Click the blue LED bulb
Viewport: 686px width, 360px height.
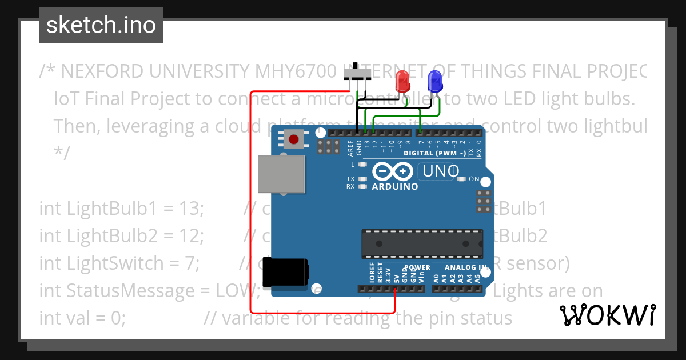pyautogui.click(x=435, y=81)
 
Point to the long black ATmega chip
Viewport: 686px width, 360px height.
pyautogui.click(x=421, y=242)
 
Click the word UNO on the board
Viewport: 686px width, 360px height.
pyautogui.click(x=440, y=171)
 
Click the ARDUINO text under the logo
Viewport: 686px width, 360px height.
pyautogui.click(x=394, y=187)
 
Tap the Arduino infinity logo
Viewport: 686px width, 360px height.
pyautogui.click(x=393, y=171)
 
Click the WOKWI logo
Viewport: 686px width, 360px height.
pyautogui.click(x=608, y=315)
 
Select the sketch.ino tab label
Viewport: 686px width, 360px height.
pyautogui.click(x=101, y=25)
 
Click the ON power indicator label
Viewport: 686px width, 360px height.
pyautogui.click(x=474, y=179)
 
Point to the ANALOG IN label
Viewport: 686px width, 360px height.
pyautogui.click(x=466, y=267)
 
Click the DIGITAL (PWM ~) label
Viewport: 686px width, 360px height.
pyautogui.click(x=434, y=153)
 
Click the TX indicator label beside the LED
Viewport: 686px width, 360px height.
pyautogui.click(x=350, y=179)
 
